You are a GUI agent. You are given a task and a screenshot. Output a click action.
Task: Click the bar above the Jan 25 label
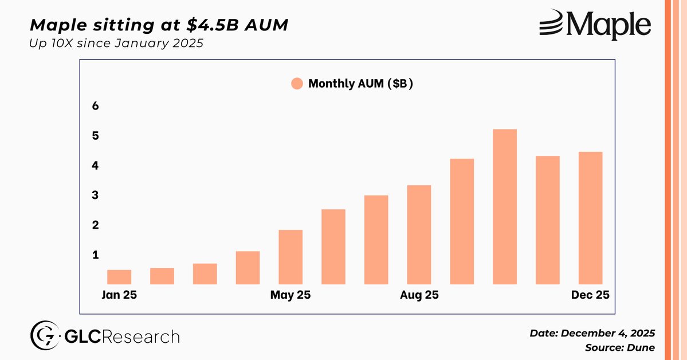[x=119, y=277]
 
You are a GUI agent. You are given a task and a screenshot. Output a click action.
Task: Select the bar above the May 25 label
[x=290, y=257]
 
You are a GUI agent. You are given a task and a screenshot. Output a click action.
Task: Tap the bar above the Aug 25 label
[x=419, y=234]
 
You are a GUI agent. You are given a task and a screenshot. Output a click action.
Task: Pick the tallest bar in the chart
[x=505, y=206]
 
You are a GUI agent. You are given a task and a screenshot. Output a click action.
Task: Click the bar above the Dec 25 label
[x=590, y=218]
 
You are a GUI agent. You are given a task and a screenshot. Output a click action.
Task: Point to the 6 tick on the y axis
[x=96, y=107]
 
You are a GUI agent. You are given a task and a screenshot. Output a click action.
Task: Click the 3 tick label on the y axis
[x=96, y=195]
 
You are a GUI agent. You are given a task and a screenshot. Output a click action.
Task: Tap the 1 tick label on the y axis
[x=96, y=255]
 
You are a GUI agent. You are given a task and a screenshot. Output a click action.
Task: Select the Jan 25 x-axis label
[x=120, y=296]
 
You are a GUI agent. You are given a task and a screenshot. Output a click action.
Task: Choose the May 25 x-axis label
[x=290, y=296]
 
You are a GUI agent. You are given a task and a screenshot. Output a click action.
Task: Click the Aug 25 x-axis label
[x=419, y=296]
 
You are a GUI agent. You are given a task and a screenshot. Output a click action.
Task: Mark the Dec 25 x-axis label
[x=590, y=296]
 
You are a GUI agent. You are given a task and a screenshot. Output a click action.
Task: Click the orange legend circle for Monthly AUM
[x=297, y=84]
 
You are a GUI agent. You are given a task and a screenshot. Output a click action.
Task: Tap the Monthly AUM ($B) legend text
[x=361, y=84]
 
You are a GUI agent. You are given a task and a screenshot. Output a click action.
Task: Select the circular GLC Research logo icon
[x=42, y=336]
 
